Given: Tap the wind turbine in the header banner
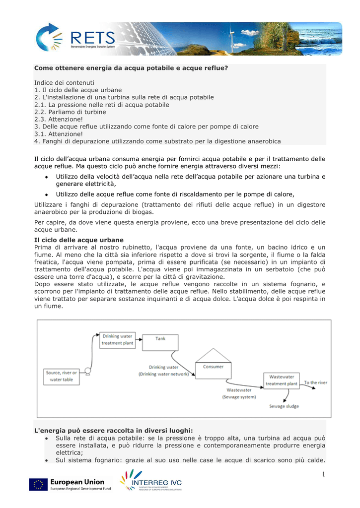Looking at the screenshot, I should (247, 36).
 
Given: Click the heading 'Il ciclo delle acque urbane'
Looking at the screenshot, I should (78, 240).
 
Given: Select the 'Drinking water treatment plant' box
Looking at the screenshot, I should (117, 340).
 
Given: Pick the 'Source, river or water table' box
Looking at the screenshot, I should (61, 376).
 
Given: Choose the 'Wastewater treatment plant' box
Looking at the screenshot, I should (282, 380).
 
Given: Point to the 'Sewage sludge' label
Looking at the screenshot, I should (284, 406).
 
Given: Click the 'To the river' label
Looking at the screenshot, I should (315, 382).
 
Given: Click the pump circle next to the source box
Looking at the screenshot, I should (87, 370).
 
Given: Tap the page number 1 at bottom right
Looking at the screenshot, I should (322, 475).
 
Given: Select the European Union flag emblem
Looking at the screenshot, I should (38, 485).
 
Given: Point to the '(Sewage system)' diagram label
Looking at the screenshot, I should (239, 396).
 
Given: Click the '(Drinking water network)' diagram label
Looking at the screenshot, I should (163, 374).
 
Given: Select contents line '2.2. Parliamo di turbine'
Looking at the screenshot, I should (70, 112).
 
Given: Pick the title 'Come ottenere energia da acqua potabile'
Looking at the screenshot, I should (131, 67).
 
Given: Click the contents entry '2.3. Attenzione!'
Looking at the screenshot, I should (59, 120).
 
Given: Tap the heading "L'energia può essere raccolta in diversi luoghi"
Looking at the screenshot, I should (113, 431).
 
